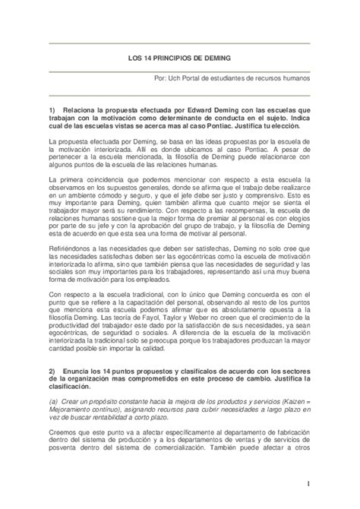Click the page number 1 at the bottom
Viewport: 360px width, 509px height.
coord(330,485)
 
